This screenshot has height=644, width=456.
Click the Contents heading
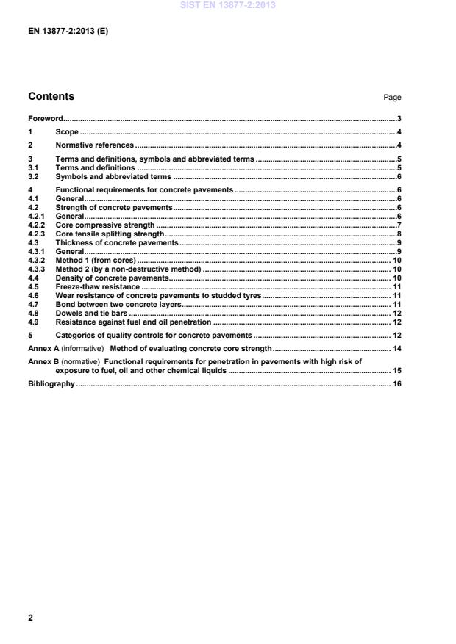point(51,96)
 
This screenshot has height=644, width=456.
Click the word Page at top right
point(392,98)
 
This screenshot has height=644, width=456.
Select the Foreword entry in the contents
point(45,118)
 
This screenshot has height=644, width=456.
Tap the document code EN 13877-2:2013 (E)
point(68,32)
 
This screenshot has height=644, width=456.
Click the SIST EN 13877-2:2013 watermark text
point(227,6)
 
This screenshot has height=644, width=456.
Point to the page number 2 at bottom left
point(30,618)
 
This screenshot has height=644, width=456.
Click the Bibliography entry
point(51,383)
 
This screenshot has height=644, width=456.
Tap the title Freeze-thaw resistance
point(97,286)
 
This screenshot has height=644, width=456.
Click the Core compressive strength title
point(105,225)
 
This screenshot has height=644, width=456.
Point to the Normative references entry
point(95,145)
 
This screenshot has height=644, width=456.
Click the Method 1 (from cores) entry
point(96,260)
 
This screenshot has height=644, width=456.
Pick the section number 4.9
point(32,322)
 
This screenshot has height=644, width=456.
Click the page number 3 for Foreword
point(398,118)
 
